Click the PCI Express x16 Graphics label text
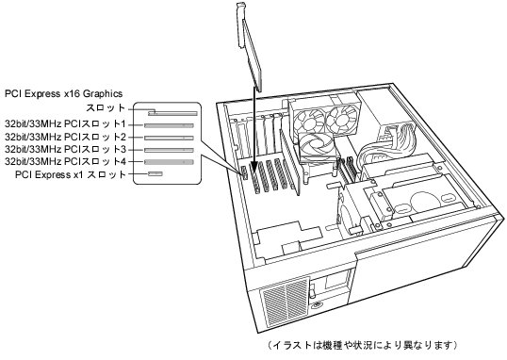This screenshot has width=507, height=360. coord(64,94)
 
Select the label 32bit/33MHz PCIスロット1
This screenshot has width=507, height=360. coord(65,124)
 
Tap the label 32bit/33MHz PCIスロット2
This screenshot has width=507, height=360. coord(65,137)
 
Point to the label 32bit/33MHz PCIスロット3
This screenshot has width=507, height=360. coord(65,149)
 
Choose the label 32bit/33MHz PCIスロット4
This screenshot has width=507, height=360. coord(65,161)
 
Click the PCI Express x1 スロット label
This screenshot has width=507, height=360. coord(70,174)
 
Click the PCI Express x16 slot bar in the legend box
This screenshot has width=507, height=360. coord(172,113)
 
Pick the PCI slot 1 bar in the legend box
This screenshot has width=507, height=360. coord(169,125)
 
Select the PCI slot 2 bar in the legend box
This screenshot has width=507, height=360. coord(169,138)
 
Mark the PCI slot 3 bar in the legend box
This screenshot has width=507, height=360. coord(169,150)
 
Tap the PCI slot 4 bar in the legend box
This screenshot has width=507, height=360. coord(169,162)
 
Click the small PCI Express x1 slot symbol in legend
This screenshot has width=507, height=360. coord(155,174)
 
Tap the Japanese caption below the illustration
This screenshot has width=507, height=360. coord(363,345)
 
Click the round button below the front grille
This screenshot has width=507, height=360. coord(318,304)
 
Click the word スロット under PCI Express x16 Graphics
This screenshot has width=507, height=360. coord(106,107)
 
